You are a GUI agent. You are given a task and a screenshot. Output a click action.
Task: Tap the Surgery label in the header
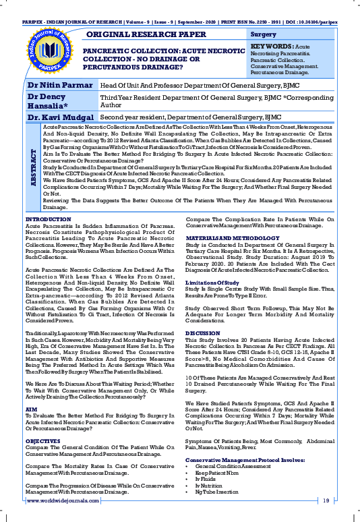coord(263,34)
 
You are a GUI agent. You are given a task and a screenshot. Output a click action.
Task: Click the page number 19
coord(326,500)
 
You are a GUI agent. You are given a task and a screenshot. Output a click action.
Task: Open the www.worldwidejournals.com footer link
coord(61,500)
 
